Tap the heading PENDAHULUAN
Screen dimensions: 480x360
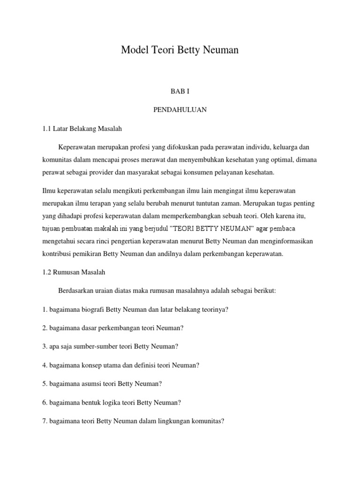[x=180, y=110]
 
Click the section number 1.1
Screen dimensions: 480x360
[x=46, y=128]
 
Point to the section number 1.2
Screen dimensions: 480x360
[x=46, y=272]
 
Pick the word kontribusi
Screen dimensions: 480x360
[x=58, y=254]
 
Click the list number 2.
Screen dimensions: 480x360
[x=44, y=328]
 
